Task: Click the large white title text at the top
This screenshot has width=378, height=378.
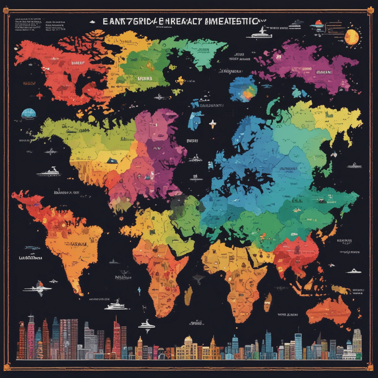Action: [180, 21]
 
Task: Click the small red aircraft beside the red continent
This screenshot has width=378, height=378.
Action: [39, 95]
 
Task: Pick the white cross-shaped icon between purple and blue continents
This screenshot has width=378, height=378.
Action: [212, 124]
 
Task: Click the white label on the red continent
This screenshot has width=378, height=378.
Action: [77, 63]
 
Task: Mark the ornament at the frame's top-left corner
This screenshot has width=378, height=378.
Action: [6, 12]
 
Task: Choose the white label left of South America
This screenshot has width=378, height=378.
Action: [30, 258]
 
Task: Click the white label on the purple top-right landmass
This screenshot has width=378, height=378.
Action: [324, 72]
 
